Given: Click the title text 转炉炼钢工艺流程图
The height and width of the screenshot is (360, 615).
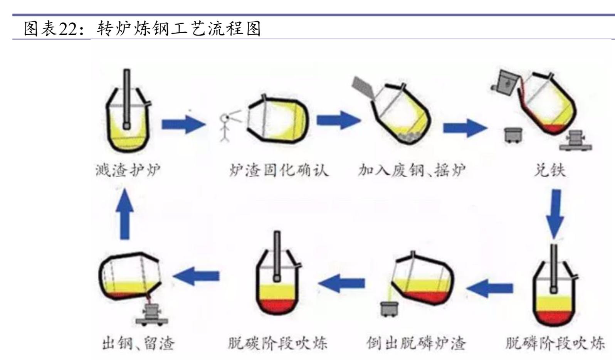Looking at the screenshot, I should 179,29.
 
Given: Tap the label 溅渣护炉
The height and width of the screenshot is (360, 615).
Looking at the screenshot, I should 128,170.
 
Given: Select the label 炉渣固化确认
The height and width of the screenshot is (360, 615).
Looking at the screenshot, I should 279,170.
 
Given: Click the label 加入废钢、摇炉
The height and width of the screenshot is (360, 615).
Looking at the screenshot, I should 411,170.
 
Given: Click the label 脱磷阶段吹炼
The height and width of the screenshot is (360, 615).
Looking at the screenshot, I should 555,343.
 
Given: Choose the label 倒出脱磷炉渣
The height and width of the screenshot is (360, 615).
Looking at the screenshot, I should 416,343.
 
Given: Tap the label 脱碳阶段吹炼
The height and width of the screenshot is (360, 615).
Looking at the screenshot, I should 277,343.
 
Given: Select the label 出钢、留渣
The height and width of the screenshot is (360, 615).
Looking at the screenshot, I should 138,343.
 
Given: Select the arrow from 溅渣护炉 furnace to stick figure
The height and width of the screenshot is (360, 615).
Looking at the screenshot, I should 183,124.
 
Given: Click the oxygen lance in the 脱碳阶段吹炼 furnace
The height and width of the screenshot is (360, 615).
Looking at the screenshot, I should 277,256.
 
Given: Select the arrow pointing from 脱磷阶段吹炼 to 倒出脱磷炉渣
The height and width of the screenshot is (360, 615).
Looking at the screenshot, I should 489,288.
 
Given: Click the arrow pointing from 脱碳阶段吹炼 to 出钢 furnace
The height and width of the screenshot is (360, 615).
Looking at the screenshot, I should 197,276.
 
